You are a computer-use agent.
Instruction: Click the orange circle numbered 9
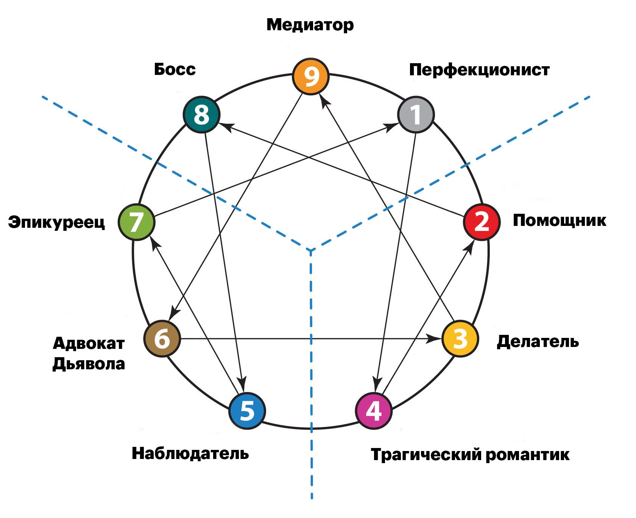click(x=311, y=76)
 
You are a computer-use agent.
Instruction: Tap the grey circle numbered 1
click(x=416, y=115)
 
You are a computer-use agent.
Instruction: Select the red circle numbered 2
click(x=482, y=222)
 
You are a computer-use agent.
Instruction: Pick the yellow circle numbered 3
click(x=460, y=339)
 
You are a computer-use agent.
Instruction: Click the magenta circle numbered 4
click(x=374, y=411)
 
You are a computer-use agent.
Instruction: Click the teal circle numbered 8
click(x=201, y=115)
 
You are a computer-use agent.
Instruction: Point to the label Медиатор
click(x=310, y=25)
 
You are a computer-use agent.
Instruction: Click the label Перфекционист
click(x=479, y=70)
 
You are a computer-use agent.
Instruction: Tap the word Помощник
click(x=559, y=220)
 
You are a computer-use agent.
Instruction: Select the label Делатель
click(x=538, y=341)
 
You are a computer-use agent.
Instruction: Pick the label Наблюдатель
click(x=190, y=453)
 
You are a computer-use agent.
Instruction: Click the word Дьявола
click(x=89, y=364)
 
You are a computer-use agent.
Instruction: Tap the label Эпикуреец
click(x=56, y=222)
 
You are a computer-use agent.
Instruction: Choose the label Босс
click(x=175, y=69)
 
